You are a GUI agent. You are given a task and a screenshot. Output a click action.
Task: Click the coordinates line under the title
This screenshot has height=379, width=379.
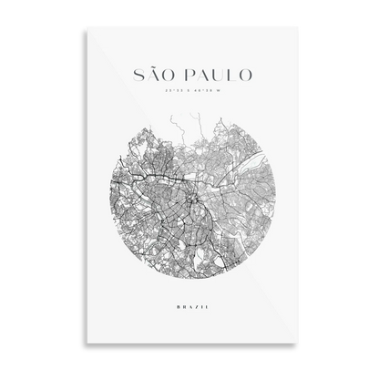click(189, 90)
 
